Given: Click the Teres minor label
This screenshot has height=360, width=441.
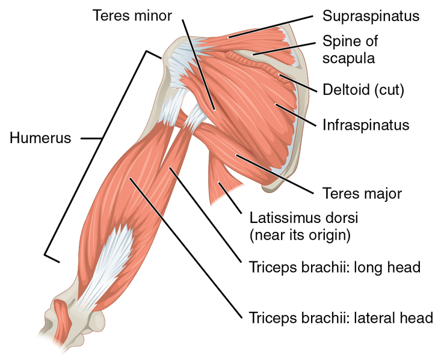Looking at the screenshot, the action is coord(132,16).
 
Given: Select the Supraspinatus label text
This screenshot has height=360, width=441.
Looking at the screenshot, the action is coord(371,16).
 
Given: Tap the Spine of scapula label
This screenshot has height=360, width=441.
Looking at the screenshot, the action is coord(350,49).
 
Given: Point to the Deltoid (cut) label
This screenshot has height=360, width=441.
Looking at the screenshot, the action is coord(363,90).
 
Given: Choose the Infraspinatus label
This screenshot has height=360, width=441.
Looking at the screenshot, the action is coord(366,125).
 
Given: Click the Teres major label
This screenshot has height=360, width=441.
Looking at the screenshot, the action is coord(362,194).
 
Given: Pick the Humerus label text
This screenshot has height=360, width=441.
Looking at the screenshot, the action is coord(40,138).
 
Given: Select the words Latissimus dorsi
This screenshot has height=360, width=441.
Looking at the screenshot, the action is coord(304,218).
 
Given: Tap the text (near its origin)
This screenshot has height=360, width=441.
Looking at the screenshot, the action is coord(300,235).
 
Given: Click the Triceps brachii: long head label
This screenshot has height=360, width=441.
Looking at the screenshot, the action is coord(335,267).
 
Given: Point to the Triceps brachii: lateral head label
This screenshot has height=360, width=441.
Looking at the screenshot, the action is coord(341,318).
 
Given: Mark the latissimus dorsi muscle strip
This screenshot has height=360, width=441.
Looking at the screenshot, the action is coord(222,180).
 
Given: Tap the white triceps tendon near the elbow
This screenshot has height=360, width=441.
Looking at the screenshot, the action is coord(109,261).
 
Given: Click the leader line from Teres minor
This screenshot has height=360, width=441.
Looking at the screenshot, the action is coord(199,65).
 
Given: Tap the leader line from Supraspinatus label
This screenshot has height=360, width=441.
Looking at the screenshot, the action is coord(271,26).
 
